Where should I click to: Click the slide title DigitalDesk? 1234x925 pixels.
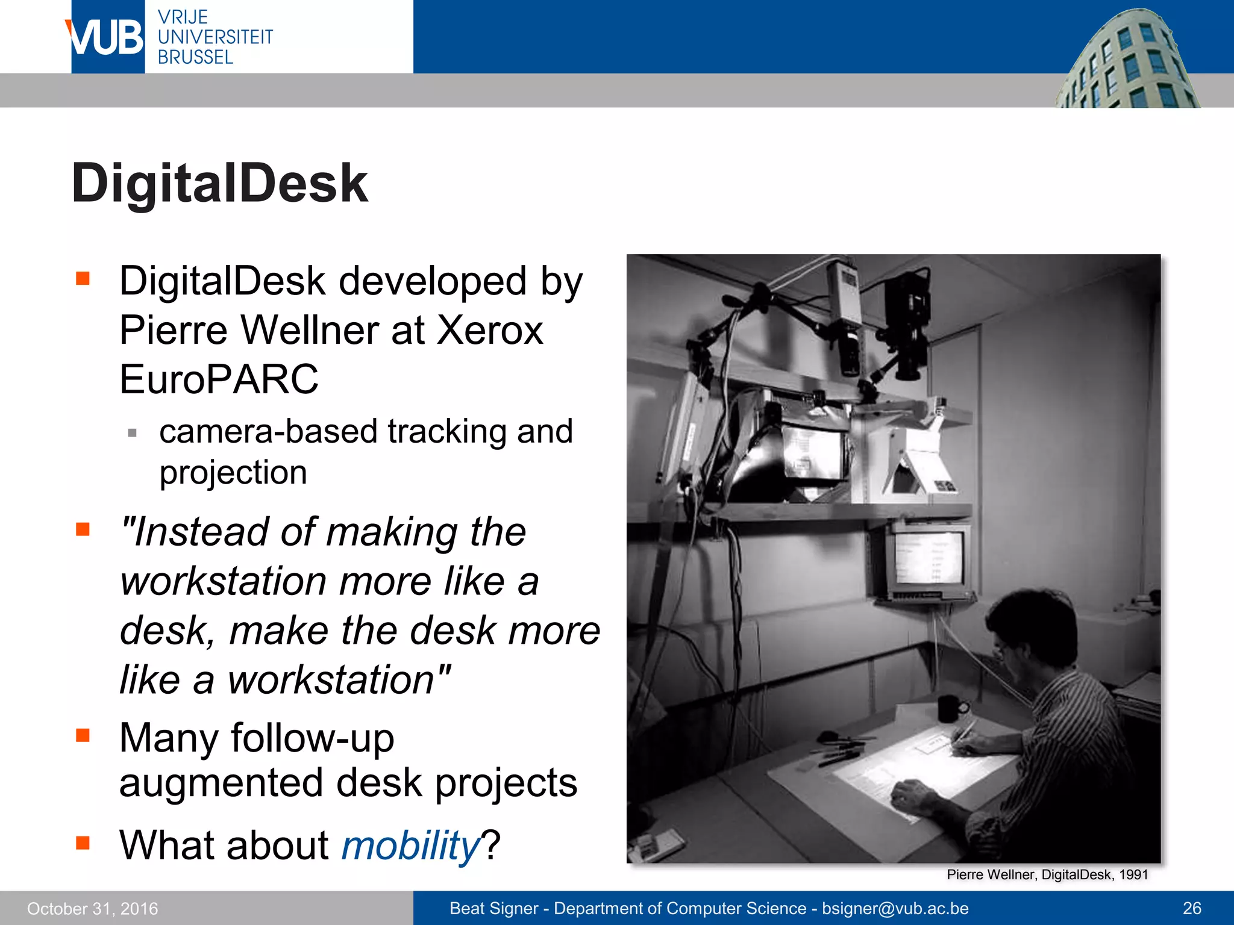[x=219, y=183]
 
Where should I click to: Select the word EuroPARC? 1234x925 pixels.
[x=219, y=379]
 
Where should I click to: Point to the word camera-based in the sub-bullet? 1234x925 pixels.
[x=269, y=432]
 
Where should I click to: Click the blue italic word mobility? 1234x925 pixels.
[x=410, y=845]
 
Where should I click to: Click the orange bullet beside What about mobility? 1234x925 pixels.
[x=83, y=842]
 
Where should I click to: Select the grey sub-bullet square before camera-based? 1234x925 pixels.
[x=133, y=432]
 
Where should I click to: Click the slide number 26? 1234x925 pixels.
[x=1192, y=908]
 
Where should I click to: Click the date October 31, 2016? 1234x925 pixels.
[x=92, y=909]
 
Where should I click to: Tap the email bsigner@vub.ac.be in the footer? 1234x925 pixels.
[x=895, y=908]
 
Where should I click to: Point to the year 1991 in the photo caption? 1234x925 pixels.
[x=1133, y=875]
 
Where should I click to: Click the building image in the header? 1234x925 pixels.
[x=1127, y=60]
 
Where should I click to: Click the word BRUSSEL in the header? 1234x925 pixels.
[x=195, y=57]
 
